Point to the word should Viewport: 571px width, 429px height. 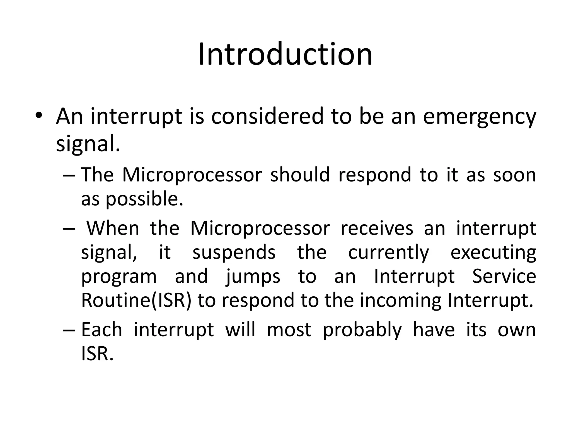click(300, 175)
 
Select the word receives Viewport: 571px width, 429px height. click(377, 228)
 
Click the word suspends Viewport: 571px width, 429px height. click(234, 252)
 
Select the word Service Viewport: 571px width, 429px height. click(504, 276)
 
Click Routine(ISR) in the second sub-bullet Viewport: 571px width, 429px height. click(136, 300)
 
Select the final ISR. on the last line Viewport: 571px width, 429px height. click(97, 354)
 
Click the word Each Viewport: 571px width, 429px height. click(102, 330)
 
